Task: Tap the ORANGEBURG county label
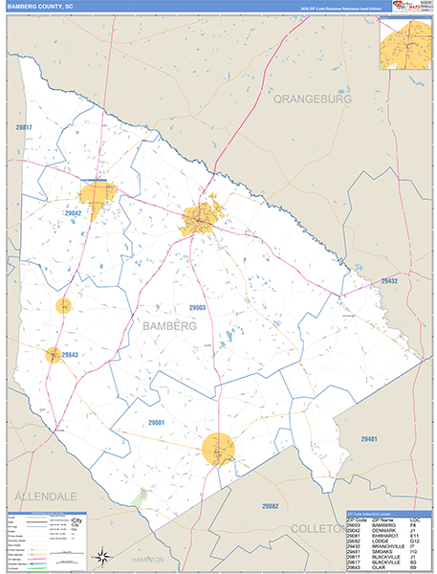click(312, 99)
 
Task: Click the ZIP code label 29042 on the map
click(73, 213)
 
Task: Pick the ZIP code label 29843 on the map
click(69, 355)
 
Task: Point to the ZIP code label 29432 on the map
click(389, 280)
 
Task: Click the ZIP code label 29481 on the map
click(368, 437)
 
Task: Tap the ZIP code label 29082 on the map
click(270, 505)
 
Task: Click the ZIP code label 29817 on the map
click(24, 127)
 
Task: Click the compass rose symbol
click(100, 554)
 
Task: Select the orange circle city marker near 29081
click(219, 447)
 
